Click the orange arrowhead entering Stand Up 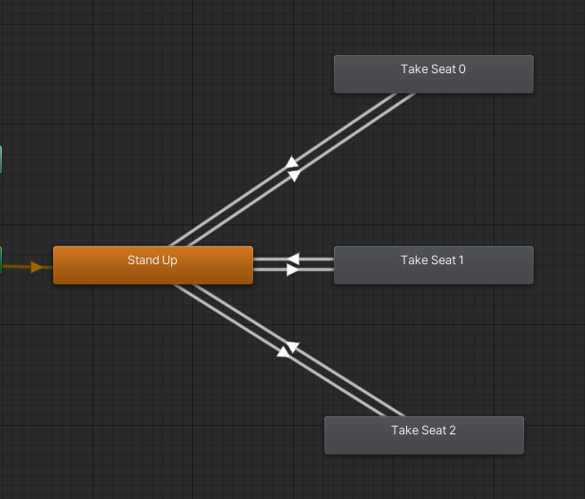tap(37, 267)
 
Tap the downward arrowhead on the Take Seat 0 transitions tap(294, 176)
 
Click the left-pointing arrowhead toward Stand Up tap(293, 259)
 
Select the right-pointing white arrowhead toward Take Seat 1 tap(293, 270)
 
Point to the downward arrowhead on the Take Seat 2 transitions tap(292, 348)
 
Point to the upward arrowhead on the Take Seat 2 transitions tap(283, 352)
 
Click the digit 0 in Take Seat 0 tap(461, 69)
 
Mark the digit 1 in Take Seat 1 tap(460, 259)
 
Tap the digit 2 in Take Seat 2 tap(452, 431)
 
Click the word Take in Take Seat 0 tap(414, 69)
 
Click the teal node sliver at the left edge tap(1, 160)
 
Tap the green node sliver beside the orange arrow tap(1, 260)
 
